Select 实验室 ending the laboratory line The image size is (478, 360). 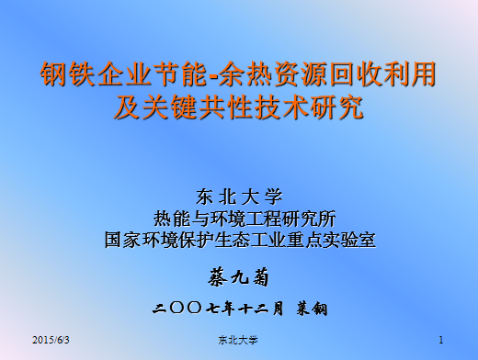tap(349, 241)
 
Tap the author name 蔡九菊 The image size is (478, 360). tap(240, 276)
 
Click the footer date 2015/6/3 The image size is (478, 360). tap(51, 341)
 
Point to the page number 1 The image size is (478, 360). tap(441, 341)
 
